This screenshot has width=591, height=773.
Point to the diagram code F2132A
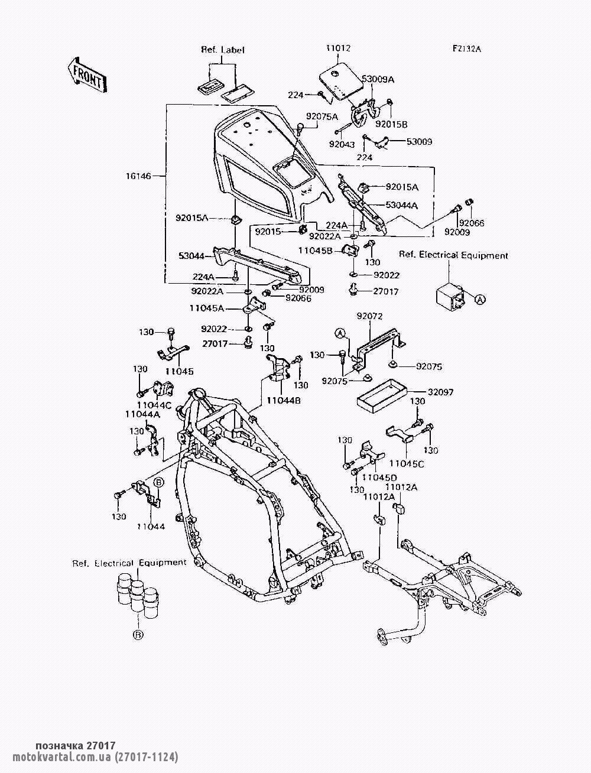click(467, 49)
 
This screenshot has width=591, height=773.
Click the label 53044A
click(402, 205)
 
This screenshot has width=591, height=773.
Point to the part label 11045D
click(379, 477)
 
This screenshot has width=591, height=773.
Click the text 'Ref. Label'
click(223, 50)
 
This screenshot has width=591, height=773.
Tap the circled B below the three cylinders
click(138, 635)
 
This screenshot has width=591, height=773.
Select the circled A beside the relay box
click(480, 299)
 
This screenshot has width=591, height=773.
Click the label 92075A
click(322, 116)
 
